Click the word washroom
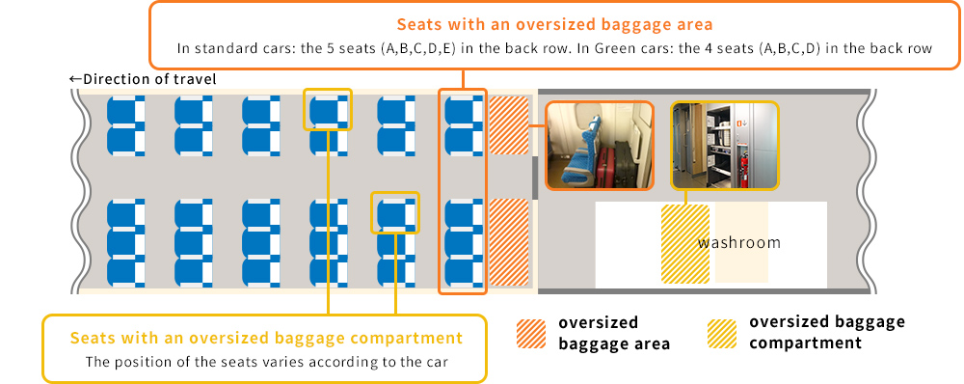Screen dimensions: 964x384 (739, 242)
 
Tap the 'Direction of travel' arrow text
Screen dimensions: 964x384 (143, 79)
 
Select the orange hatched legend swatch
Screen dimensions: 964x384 (531, 334)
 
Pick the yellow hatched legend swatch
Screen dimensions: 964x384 (722, 334)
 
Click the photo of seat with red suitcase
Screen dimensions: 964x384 (600, 146)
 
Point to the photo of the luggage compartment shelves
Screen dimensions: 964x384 (725, 146)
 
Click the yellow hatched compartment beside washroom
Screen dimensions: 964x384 (684, 244)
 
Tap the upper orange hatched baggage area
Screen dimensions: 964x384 (509, 125)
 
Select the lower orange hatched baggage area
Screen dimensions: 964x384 (509, 242)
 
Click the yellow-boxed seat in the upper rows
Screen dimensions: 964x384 (328, 110)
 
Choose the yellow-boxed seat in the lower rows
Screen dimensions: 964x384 (395, 213)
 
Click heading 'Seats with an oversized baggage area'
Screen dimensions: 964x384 (554, 25)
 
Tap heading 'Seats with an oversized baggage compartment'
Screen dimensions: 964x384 (266, 338)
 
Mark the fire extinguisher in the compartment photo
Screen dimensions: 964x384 (744, 171)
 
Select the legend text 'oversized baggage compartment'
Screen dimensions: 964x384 (827, 332)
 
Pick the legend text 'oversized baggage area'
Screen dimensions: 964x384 (613, 333)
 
